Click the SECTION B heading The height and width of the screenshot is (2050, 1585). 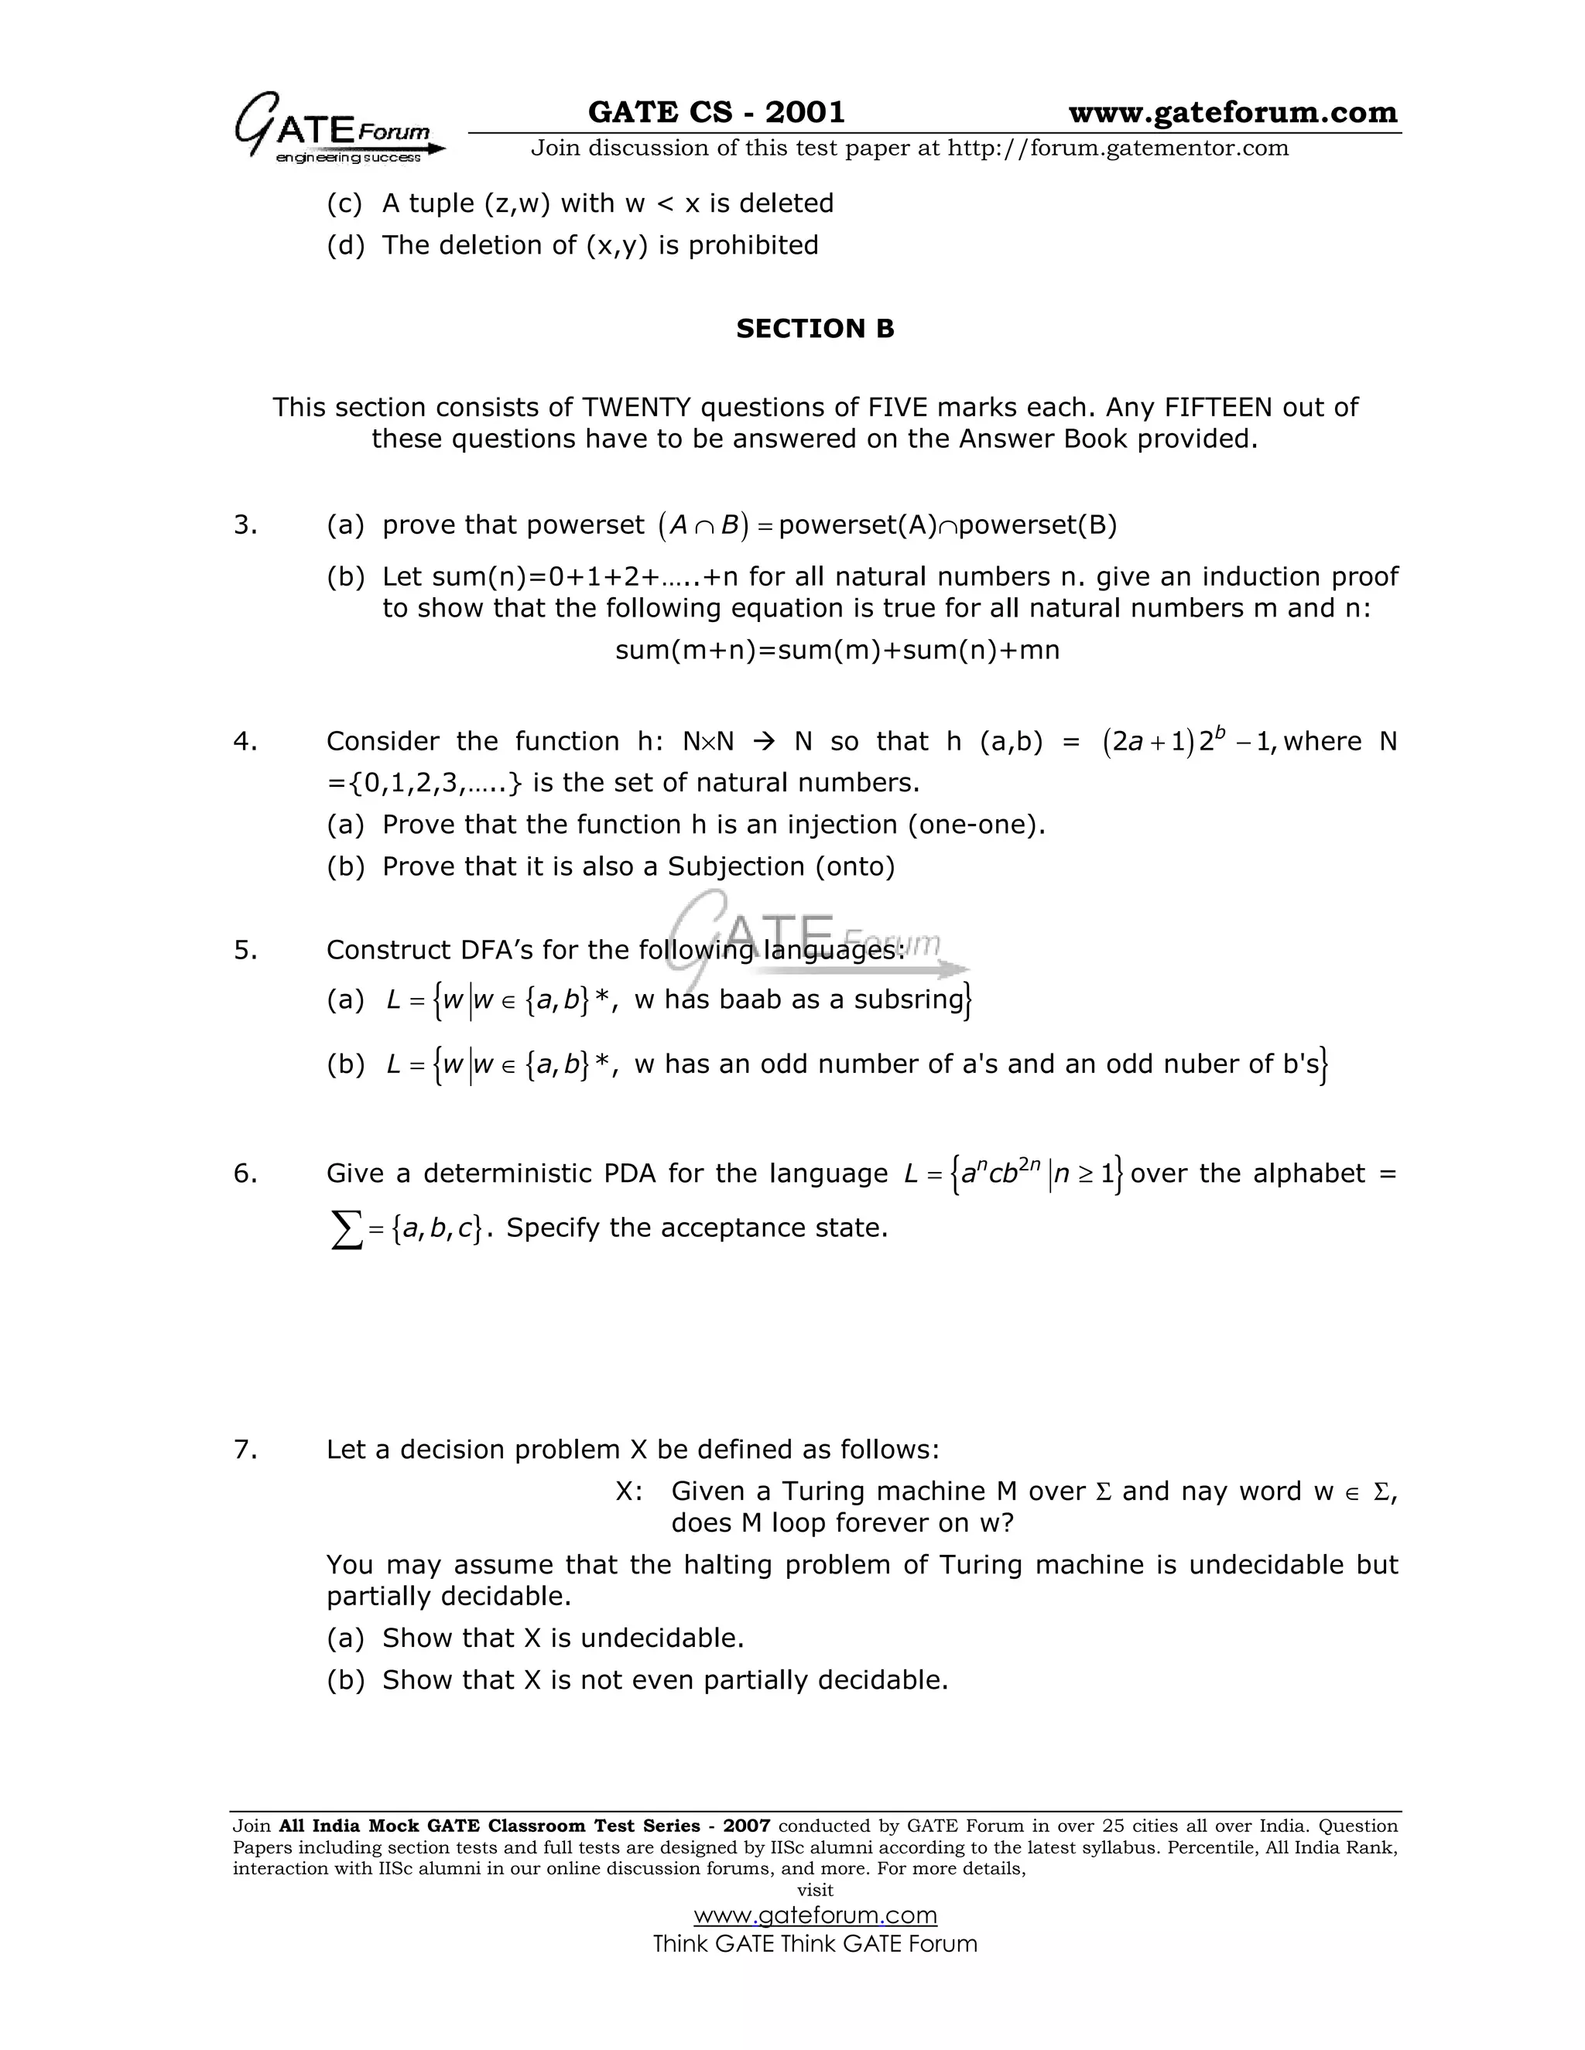(814, 329)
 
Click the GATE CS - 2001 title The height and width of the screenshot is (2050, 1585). (716, 113)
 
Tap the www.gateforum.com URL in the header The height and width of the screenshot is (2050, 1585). (1232, 113)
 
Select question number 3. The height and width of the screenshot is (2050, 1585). (245, 524)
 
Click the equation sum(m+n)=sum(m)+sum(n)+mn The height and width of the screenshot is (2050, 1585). (837, 650)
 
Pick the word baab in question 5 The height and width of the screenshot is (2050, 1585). (750, 999)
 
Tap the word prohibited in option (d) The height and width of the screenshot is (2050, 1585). (753, 245)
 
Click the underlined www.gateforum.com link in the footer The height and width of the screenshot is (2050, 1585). (814, 1915)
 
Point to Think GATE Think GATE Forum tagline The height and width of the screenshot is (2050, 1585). (814, 1944)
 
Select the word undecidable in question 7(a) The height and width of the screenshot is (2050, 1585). (661, 1638)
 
